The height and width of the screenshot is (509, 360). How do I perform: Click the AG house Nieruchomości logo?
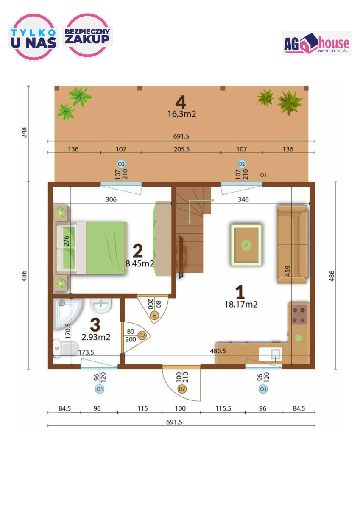click(316, 43)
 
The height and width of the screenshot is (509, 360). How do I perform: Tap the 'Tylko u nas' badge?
click(33, 37)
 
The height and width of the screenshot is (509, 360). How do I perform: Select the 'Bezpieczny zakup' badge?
click(87, 35)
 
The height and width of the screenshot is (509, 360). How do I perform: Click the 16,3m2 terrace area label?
click(182, 114)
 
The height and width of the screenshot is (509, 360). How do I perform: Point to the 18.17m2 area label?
click(241, 304)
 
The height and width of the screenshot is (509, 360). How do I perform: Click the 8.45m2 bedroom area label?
click(140, 263)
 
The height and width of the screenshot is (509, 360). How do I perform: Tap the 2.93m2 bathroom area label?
click(96, 337)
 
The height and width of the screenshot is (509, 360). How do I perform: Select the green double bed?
click(91, 248)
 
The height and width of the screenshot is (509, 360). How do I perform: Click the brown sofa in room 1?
click(293, 244)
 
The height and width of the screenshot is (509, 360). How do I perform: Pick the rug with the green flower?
click(246, 245)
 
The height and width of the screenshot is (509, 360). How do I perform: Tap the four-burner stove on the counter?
click(299, 315)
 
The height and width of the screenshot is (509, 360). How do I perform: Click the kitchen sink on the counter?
click(270, 354)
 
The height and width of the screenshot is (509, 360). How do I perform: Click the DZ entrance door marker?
click(182, 389)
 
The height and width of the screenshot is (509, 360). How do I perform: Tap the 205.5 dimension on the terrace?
click(181, 149)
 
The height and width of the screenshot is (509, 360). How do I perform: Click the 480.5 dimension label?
click(218, 351)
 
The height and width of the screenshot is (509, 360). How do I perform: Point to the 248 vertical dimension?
click(24, 132)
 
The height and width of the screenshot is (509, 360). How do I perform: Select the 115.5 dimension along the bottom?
click(223, 408)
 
